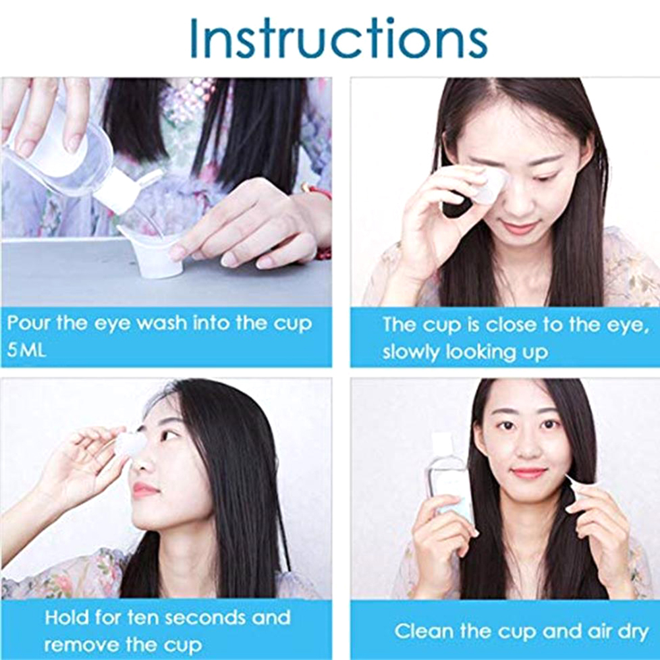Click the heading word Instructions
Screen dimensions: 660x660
click(339, 39)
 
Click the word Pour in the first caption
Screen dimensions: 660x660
click(28, 323)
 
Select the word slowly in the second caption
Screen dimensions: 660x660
click(410, 352)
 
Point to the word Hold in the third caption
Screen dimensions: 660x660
click(67, 617)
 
